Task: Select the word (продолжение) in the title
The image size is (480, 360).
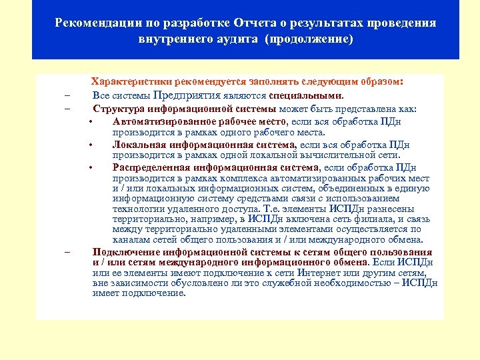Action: tap(309, 39)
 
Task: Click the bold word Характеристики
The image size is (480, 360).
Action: tap(131, 81)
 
